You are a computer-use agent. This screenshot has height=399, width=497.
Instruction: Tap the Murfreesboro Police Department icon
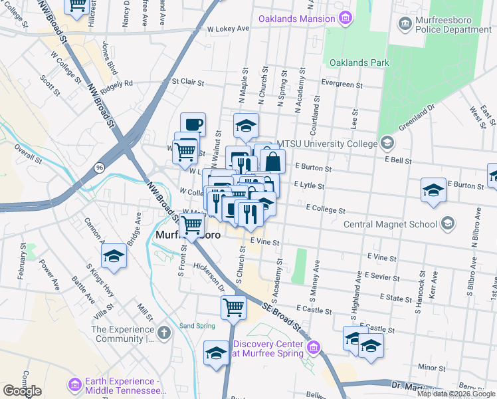point(405,25)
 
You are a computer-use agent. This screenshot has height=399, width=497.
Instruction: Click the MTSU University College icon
point(386,143)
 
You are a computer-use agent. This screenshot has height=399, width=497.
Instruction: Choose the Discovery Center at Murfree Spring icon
point(314,347)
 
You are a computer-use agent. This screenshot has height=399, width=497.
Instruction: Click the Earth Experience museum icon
point(74,384)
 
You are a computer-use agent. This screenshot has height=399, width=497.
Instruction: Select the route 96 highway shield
point(99,166)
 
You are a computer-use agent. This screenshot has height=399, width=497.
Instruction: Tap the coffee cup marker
point(193,124)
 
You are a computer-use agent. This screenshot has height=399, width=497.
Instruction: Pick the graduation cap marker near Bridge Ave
point(114,257)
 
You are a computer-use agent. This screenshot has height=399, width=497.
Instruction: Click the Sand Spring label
point(197,326)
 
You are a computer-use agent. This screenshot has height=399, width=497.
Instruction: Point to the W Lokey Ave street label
point(227,29)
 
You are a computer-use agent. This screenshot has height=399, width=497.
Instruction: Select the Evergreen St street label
point(341,85)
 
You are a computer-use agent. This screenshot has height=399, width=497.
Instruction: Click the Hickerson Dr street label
point(209,274)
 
